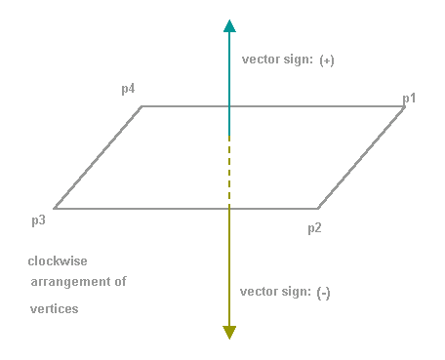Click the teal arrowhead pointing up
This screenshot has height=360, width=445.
click(x=229, y=26)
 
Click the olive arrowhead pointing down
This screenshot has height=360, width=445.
click(x=229, y=333)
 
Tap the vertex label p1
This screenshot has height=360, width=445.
click(x=409, y=99)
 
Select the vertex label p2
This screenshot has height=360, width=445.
click(x=314, y=228)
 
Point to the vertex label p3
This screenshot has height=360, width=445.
click(x=38, y=220)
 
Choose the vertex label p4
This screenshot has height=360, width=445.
click(x=128, y=89)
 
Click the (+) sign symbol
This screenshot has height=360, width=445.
click(x=327, y=60)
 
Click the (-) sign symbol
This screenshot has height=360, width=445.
click(x=323, y=294)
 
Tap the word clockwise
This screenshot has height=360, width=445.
click(x=58, y=261)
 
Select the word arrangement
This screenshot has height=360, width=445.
click(x=70, y=282)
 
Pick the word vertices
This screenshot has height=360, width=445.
click(x=55, y=308)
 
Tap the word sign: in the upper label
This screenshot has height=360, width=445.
click(x=298, y=60)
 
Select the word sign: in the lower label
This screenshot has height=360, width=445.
click(x=296, y=292)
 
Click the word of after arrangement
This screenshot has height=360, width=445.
click(x=120, y=281)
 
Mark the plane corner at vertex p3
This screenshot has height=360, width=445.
click(x=55, y=208)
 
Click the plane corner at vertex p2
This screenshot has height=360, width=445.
click(x=318, y=208)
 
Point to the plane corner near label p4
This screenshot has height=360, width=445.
click(x=142, y=106)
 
